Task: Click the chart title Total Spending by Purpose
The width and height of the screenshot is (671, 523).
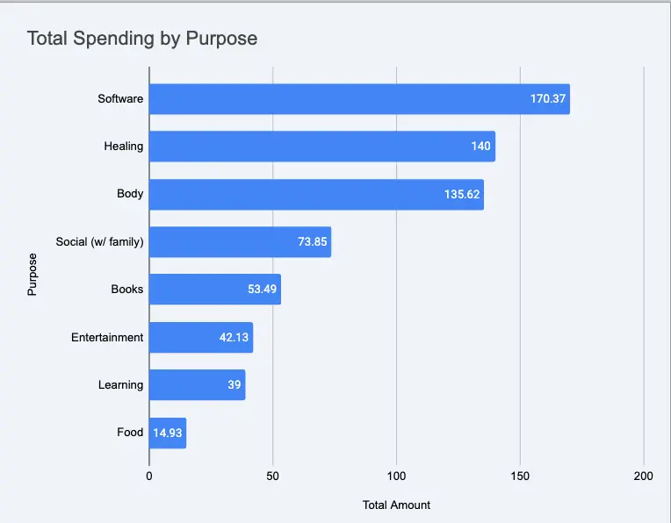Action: (141, 39)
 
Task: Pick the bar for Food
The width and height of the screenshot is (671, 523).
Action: (167, 433)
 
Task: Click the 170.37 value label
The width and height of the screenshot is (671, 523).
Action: (548, 99)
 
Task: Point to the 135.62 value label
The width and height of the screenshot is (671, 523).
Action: (462, 194)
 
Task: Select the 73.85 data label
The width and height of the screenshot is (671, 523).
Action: (312, 242)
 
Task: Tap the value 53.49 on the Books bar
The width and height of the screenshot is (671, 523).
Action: (262, 290)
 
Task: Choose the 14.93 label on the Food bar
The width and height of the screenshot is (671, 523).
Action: (168, 433)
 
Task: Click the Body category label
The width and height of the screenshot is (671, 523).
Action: (130, 194)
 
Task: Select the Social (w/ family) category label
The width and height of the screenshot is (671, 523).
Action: (99, 242)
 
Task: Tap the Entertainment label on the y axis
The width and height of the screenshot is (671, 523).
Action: (107, 337)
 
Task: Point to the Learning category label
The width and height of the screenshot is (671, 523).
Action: (120, 384)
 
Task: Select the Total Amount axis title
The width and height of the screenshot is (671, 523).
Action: (396, 505)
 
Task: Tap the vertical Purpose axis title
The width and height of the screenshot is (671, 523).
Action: (32, 275)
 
